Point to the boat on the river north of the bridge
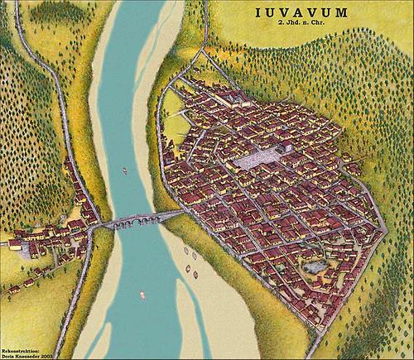(124, 170)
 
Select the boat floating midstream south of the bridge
(142, 294)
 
